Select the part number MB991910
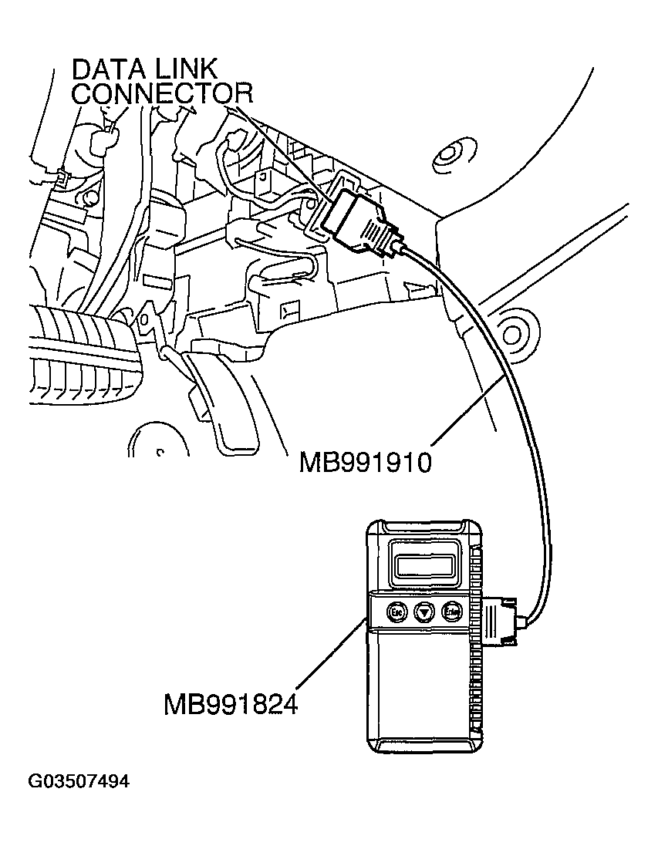(x=364, y=463)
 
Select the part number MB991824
(x=230, y=704)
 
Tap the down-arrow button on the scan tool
(x=423, y=612)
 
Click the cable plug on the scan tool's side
(x=505, y=617)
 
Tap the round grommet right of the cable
(x=513, y=332)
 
